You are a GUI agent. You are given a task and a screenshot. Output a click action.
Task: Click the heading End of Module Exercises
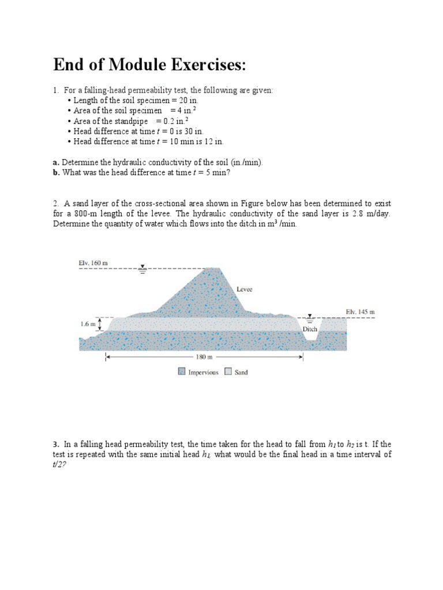(149, 65)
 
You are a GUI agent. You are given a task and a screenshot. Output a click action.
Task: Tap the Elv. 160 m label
(93, 263)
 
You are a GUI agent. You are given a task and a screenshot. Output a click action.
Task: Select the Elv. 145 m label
(360, 312)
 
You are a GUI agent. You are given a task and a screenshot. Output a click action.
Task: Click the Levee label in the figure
(245, 289)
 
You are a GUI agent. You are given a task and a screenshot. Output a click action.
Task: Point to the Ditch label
(310, 329)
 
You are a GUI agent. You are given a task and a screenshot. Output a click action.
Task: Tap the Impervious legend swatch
(182, 372)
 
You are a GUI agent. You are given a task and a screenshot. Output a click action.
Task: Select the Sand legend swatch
(228, 372)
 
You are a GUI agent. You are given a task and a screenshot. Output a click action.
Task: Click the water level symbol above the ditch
(310, 316)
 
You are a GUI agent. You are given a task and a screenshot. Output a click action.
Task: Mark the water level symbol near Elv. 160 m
(142, 267)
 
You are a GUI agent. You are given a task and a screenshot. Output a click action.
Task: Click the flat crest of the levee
(214, 268)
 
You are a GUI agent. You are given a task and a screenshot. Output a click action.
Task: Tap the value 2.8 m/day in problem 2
(364, 213)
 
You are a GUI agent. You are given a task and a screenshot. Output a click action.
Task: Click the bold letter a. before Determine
(57, 162)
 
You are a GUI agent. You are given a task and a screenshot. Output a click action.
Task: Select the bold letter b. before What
(57, 172)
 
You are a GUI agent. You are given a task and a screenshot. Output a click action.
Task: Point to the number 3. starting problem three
(57, 444)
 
